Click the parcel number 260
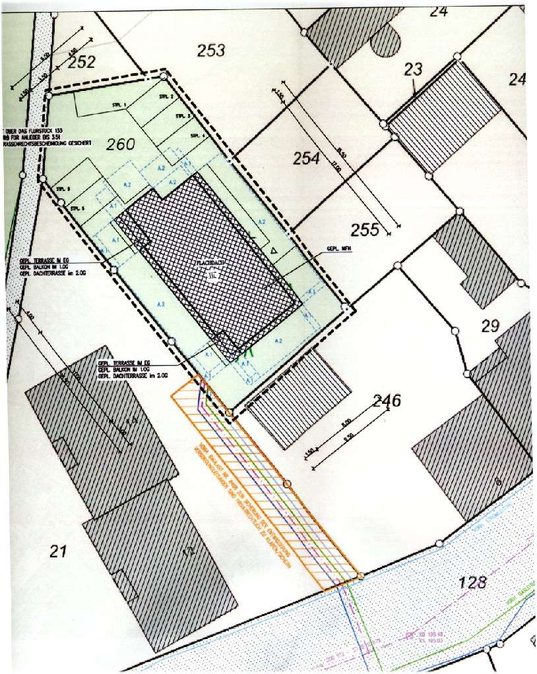click(x=121, y=144)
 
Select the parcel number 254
click(x=306, y=159)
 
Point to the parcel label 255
click(x=365, y=229)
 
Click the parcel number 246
click(x=387, y=400)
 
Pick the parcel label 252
click(x=81, y=63)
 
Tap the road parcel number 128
click(x=470, y=582)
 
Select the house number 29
click(x=491, y=325)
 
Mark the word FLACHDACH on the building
click(x=209, y=263)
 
